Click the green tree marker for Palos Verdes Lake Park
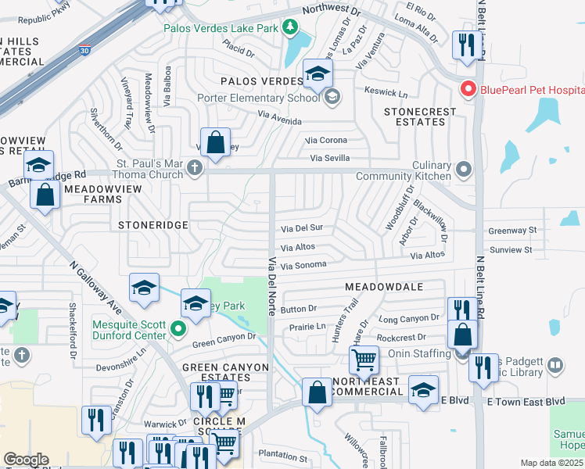pos(291,28)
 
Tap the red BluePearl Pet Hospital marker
pos(468,89)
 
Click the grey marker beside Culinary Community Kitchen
pos(464,169)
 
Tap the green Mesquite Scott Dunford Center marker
pos(178,330)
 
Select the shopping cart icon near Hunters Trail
pos(364,361)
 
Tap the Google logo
pos(26,460)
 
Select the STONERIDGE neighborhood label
pos(153,224)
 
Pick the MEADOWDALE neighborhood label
pos(384,287)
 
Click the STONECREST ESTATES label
pos(420,116)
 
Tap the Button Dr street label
pos(298,310)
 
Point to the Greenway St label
pos(512,231)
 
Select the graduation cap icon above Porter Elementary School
pos(318,74)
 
